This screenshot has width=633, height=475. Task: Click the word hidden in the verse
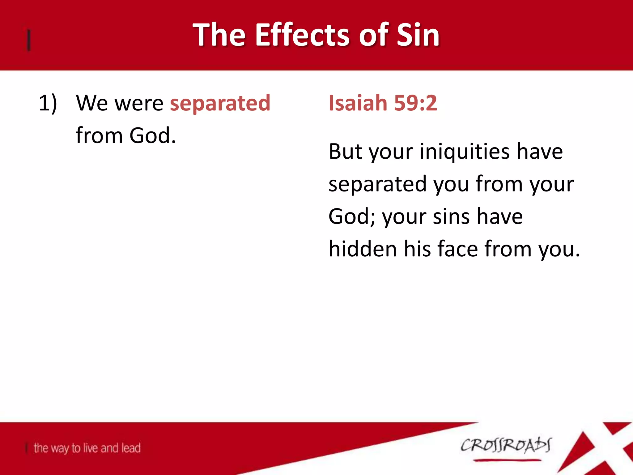click(362, 249)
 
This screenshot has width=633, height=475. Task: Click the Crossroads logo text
click(506, 446)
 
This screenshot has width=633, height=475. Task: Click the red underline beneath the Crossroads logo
click(507, 460)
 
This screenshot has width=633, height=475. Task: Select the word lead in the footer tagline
click(131, 448)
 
